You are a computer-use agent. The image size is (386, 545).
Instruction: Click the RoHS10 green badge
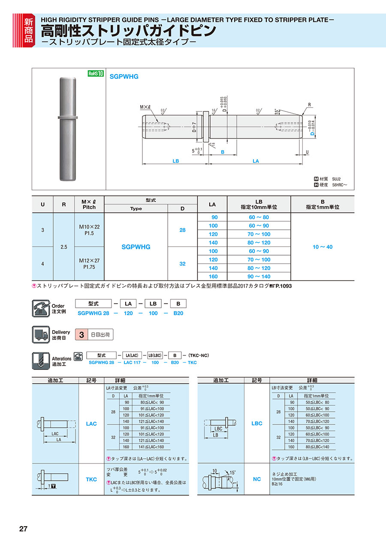[96, 74]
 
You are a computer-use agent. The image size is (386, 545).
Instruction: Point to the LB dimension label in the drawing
[175, 161]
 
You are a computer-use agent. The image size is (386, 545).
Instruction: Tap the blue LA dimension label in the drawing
[256, 161]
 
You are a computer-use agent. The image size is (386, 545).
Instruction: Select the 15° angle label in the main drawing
[277, 111]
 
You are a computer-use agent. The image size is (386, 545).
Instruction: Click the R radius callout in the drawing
[309, 104]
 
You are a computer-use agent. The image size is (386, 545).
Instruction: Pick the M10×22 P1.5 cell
[89, 230]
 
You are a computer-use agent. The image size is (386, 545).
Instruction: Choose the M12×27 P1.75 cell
[89, 263]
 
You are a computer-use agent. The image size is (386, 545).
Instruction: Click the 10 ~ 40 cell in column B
[323, 247]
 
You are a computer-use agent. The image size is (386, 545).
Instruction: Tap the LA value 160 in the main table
[213, 277]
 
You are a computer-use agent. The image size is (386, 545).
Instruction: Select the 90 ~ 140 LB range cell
[259, 277]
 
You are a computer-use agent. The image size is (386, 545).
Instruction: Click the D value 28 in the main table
[182, 230]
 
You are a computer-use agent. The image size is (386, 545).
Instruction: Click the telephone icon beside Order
[40, 309]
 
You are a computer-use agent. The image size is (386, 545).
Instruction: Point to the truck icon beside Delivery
[40, 334]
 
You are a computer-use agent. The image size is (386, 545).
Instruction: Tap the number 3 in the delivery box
[81, 335]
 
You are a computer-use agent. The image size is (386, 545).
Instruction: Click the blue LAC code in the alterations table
[91, 424]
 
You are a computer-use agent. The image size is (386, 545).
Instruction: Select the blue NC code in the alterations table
[256, 479]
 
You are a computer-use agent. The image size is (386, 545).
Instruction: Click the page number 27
[23, 529]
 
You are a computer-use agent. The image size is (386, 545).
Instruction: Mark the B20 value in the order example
[178, 313]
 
